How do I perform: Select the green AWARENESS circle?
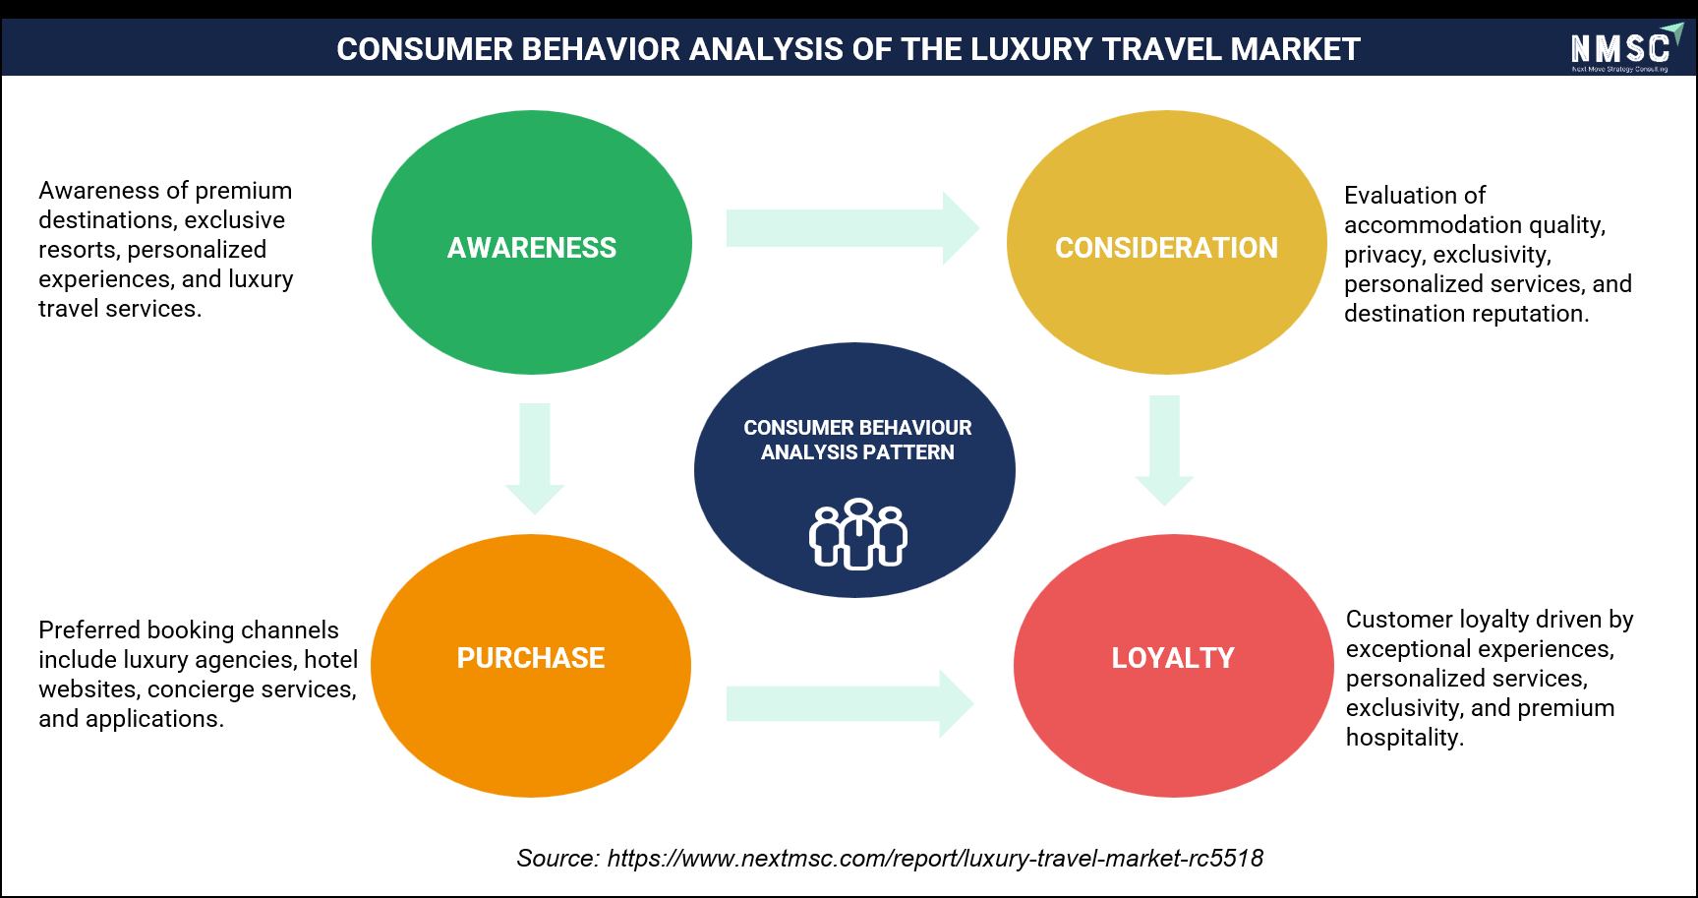coord(532,242)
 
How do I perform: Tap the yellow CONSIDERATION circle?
coord(1166,242)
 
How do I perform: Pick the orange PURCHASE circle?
coord(531,665)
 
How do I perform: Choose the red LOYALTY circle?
coord(1173,665)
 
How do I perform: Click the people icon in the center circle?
coord(857,534)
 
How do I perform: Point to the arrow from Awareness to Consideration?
coord(852,228)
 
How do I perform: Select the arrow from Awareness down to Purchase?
coord(534,458)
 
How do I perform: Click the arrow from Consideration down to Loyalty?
coord(1164,450)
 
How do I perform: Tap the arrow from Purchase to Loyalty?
coord(850,704)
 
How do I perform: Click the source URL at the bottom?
coord(935,859)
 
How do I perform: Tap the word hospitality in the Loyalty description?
coord(1405,738)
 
